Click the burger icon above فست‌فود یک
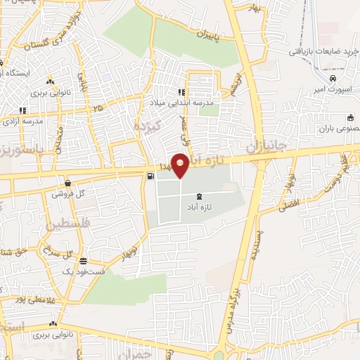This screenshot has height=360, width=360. tap(82, 260)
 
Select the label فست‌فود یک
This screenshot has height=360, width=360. tap(78, 271)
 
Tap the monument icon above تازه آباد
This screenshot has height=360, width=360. tap(202, 195)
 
